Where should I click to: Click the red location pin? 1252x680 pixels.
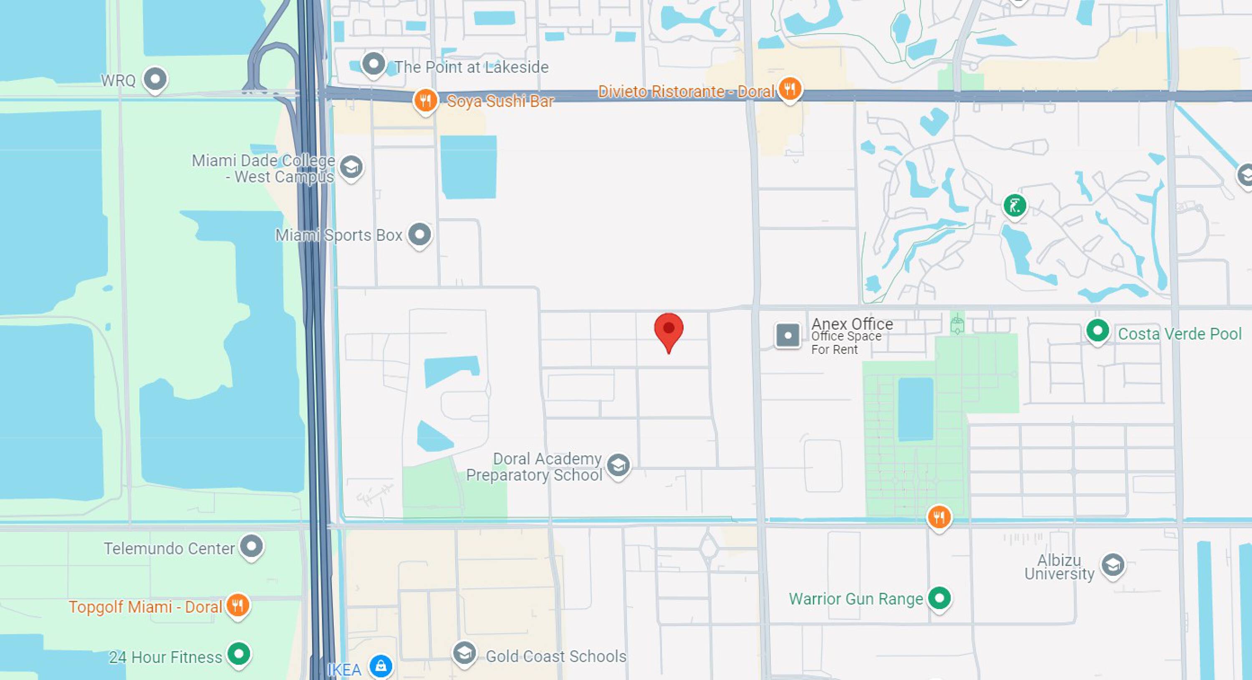(x=669, y=330)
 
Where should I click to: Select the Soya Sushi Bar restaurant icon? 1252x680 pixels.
(x=425, y=100)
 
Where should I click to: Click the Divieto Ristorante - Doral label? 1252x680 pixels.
(x=686, y=91)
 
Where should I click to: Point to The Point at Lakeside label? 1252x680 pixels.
(x=471, y=67)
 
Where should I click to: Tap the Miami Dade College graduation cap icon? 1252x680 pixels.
(x=351, y=168)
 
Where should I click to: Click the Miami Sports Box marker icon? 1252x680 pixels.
(x=419, y=235)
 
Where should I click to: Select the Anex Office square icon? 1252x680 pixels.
(x=788, y=335)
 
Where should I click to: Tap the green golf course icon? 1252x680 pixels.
(x=1015, y=206)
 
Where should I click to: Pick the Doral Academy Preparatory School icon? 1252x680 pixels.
(x=618, y=466)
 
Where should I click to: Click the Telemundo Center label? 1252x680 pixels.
(x=169, y=548)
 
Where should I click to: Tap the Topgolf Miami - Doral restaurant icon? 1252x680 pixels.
(x=237, y=606)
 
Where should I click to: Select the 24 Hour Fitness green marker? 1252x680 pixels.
(x=239, y=654)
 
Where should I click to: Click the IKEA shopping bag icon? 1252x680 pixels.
(x=381, y=665)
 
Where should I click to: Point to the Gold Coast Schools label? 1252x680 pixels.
(x=556, y=656)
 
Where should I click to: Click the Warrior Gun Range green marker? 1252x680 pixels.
(x=939, y=598)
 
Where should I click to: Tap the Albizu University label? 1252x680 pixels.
(x=1059, y=567)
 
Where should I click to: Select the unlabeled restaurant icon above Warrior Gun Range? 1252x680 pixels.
(x=939, y=517)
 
